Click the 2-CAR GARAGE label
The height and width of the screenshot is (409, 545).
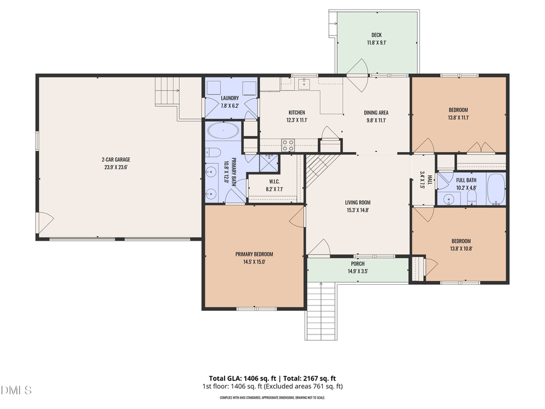click(x=115, y=159)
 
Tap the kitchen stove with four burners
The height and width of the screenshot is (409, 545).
click(x=288, y=145)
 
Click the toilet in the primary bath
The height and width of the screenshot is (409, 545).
click(x=213, y=152)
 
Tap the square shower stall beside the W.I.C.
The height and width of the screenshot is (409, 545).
click(x=268, y=162)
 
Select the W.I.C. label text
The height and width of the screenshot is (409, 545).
click(x=274, y=181)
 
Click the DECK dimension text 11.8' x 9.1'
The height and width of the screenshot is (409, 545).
click(x=376, y=43)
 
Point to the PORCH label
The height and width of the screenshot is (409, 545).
click(x=357, y=264)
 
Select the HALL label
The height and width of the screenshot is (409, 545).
click(x=429, y=181)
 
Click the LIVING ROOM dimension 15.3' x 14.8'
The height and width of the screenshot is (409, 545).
click(x=357, y=210)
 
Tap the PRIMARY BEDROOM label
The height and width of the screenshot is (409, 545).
click(x=254, y=254)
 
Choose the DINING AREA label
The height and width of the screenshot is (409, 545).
click(x=375, y=112)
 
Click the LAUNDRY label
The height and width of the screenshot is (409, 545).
click(x=230, y=98)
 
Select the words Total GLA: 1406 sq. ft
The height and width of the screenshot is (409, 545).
click(x=234, y=377)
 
